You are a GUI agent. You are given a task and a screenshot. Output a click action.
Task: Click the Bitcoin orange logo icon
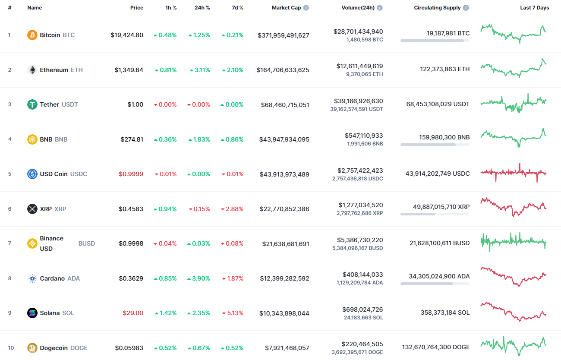click(32, 35)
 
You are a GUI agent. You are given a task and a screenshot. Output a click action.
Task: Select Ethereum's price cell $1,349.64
click(129, 70)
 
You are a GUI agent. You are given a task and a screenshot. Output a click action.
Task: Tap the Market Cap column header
click(286, 8)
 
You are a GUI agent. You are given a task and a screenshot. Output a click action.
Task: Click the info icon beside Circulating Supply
click(466, 8)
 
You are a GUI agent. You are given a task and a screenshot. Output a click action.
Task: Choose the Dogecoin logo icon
click(32, 348)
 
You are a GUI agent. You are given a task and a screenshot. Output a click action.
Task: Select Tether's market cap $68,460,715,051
click(285, 104)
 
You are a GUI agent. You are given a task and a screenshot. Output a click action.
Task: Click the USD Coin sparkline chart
click(513, 173)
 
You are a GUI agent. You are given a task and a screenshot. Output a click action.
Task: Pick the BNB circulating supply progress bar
click(435, 145)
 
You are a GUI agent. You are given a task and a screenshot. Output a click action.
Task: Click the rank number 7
click(9, 243)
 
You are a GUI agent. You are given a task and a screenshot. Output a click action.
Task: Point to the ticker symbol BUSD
click(87, 243)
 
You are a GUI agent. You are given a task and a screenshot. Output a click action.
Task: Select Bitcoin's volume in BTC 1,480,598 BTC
click(365, 40)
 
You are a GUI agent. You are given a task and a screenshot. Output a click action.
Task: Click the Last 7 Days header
click(534, 8)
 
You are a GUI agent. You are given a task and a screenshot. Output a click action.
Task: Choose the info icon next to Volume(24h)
click(380, 8)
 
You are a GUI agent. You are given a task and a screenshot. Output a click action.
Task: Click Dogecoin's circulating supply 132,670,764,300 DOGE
click(435, 347)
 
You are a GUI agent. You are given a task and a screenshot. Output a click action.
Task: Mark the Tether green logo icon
click(32, 104)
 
